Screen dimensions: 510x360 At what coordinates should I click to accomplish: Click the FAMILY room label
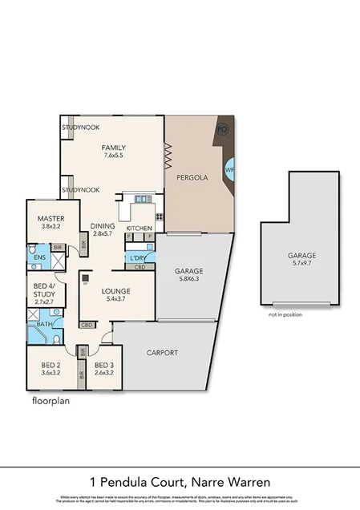[113, 149]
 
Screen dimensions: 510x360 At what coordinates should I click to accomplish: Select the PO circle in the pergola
[223, 129]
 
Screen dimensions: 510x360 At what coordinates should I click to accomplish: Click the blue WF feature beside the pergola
[230, 171]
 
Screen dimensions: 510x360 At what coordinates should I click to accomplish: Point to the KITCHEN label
[139, 229]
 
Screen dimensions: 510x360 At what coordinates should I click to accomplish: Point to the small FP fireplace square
[84, 281]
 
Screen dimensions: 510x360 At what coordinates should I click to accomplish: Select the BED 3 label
[104, 368]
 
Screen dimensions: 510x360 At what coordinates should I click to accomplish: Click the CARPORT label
[162, 353]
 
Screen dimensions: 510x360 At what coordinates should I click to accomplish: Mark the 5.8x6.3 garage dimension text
[190, 281]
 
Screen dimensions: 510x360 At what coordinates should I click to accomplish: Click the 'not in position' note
[285, 314]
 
